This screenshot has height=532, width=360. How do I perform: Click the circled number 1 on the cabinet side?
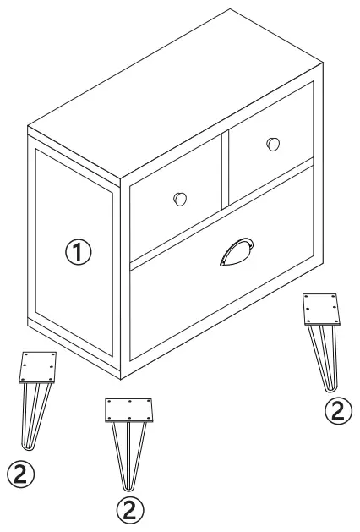(x=77, y=251)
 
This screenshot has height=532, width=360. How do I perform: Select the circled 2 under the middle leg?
(x=128, y=509)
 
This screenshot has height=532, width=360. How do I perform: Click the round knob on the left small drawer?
(x=179, y=199)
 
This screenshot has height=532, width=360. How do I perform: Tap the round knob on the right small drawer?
(x=272, y=144)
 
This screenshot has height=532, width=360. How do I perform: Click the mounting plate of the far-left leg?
(x=39, y=366)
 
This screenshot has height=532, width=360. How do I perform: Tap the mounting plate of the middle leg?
(x=129, y=409)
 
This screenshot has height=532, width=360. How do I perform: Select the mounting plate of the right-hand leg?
(x=324, y=309)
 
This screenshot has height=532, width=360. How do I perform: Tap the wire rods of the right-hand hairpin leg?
(x=325, y=355)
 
